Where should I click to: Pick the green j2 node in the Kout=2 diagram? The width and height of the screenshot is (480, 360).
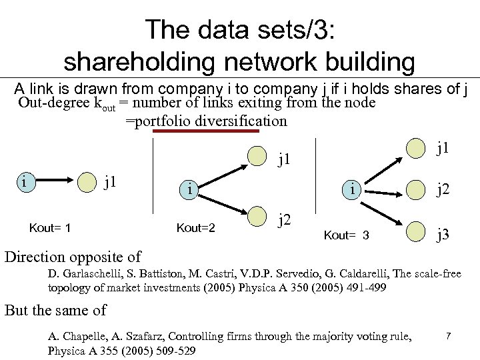click(257, 217)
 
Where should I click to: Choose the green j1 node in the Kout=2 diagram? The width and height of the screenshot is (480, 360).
click(257, 155)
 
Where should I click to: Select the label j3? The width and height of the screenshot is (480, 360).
click(443, 234)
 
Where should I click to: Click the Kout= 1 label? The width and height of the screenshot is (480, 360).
click(50, 229)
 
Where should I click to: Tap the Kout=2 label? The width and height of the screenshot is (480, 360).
click(195, 229)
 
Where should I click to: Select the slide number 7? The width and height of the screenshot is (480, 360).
click(449, 337)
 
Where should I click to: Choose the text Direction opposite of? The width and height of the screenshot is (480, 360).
click(73, 257)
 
